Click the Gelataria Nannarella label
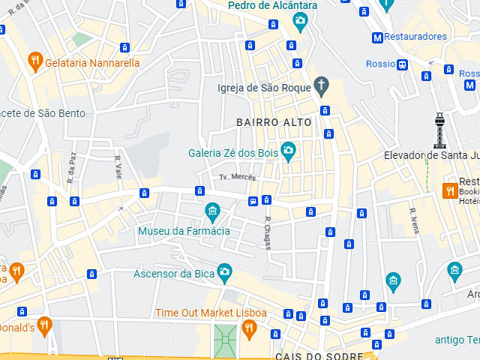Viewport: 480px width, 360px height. point(92,63)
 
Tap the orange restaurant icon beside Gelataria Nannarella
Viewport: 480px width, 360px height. point(34,61)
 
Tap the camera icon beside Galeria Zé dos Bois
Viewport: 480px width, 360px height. point(288,152)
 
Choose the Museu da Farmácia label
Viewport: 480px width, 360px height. point(184,231)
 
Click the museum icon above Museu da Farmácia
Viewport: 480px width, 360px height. point(212,211)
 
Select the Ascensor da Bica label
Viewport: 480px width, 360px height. point(174,273)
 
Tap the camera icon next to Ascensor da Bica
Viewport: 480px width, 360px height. point(223,272)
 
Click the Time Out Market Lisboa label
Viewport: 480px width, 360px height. point(211,313)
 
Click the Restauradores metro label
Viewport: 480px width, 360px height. point(416,36)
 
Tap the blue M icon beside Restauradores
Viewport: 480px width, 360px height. point(377,37)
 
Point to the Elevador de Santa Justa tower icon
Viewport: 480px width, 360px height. point(439,130)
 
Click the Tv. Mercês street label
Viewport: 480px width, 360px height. point(238,177)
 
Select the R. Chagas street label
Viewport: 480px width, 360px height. point(268,232)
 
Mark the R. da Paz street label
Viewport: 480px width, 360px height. point(72,168)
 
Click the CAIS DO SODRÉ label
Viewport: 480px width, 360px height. point(319,355)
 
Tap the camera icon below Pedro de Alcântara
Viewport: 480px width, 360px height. point(300,20)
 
